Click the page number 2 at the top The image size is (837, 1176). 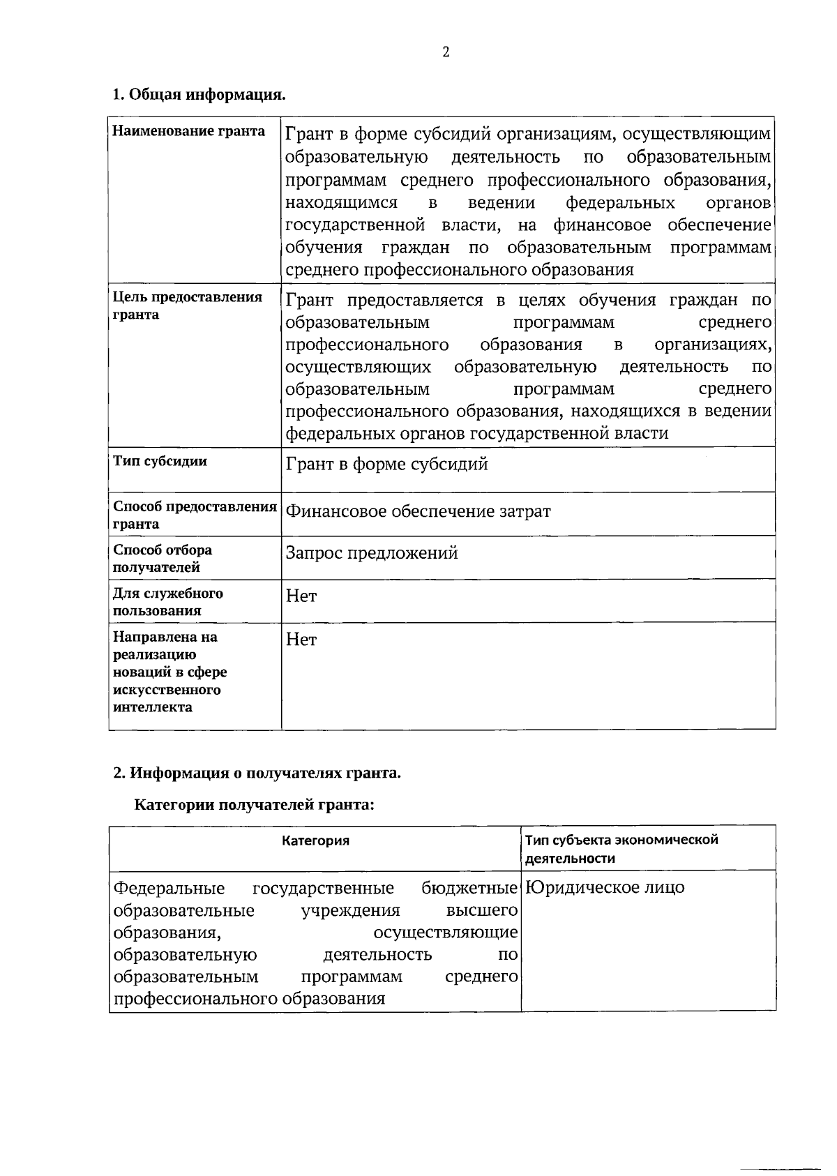click(x=446, y=52)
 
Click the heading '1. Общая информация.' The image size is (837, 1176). click(x=199, y=94)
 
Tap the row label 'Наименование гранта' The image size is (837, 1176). click(x=189, y=131)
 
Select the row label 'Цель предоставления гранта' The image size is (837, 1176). click(x=187, y=306)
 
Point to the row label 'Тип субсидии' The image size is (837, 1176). click(x=160, y=461)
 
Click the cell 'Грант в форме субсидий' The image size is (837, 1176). click(x=386, y=464)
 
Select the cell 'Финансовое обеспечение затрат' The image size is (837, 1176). click(x=418, y=511)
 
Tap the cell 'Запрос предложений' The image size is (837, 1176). click(x=372, y=553)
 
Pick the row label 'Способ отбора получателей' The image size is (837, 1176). click(x=163, y=558)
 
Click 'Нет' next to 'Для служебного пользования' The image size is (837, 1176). click(x=301, y=596)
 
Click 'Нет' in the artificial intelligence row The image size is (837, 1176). click(x=301, y=640)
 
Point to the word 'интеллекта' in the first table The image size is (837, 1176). click(x=153, y=707)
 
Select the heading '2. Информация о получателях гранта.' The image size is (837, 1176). click(x=257, y=773)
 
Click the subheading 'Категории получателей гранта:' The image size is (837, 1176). click(x=255, y=805)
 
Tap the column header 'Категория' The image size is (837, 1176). click(x=315, y=840)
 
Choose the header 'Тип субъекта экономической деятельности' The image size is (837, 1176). click(x=621, y=849)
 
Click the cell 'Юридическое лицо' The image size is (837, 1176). click(x=605, y=887)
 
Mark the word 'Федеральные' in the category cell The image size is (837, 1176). click(x=169, y=888)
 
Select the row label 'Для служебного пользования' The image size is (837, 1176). click(x=168, y=601)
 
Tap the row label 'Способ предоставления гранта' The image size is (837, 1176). click(x=195, y=515)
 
